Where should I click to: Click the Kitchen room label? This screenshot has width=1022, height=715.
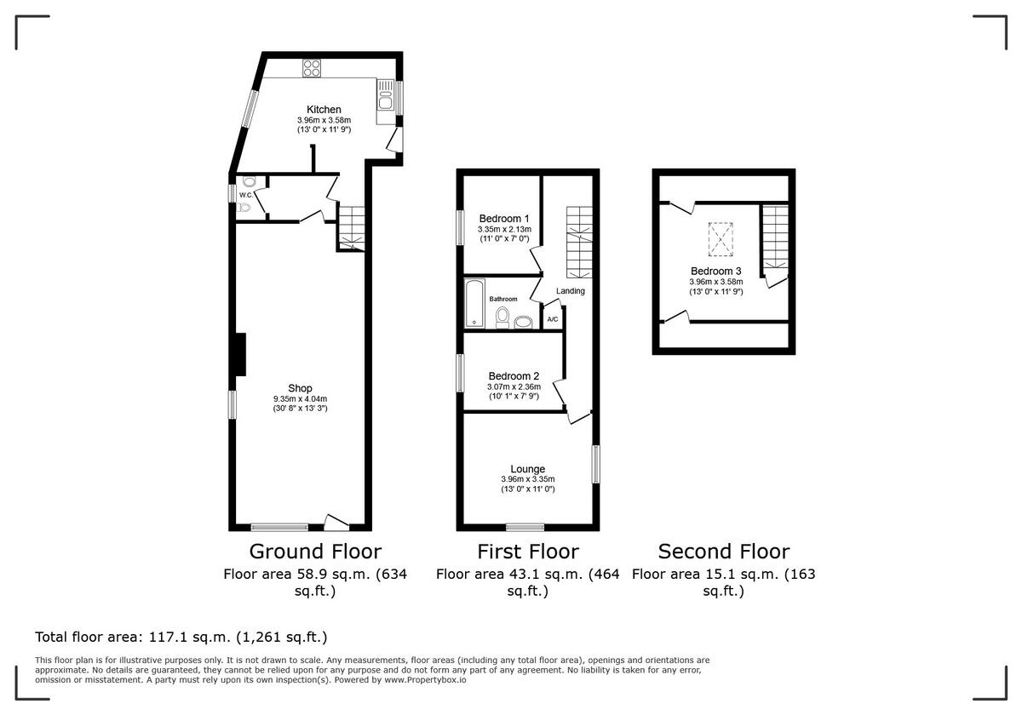coord(324,110)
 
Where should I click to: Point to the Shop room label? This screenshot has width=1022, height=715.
coord(300,389)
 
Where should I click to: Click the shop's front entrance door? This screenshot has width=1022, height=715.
coord(337,522)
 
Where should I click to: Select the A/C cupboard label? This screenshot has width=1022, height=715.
coord(552,320)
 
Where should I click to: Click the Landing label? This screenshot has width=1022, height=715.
coord(570,291)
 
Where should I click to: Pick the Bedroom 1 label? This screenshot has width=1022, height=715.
coord(504,218)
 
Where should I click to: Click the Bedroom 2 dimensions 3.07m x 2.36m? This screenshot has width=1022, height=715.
coord(514,387)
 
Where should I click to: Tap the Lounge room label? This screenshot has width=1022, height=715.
coord(527,469)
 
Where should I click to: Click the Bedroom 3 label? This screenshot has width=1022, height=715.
coord(715,272)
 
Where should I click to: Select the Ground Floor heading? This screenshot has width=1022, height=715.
coord(314,552)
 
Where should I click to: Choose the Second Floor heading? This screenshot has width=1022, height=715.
coord(723,552)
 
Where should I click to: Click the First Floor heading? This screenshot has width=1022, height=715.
coord(527,552)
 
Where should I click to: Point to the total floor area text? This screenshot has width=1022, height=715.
coord(181,637)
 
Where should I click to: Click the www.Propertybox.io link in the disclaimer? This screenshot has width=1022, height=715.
coord(423,680)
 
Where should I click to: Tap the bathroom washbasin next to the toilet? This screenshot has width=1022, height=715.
coord(522,321)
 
